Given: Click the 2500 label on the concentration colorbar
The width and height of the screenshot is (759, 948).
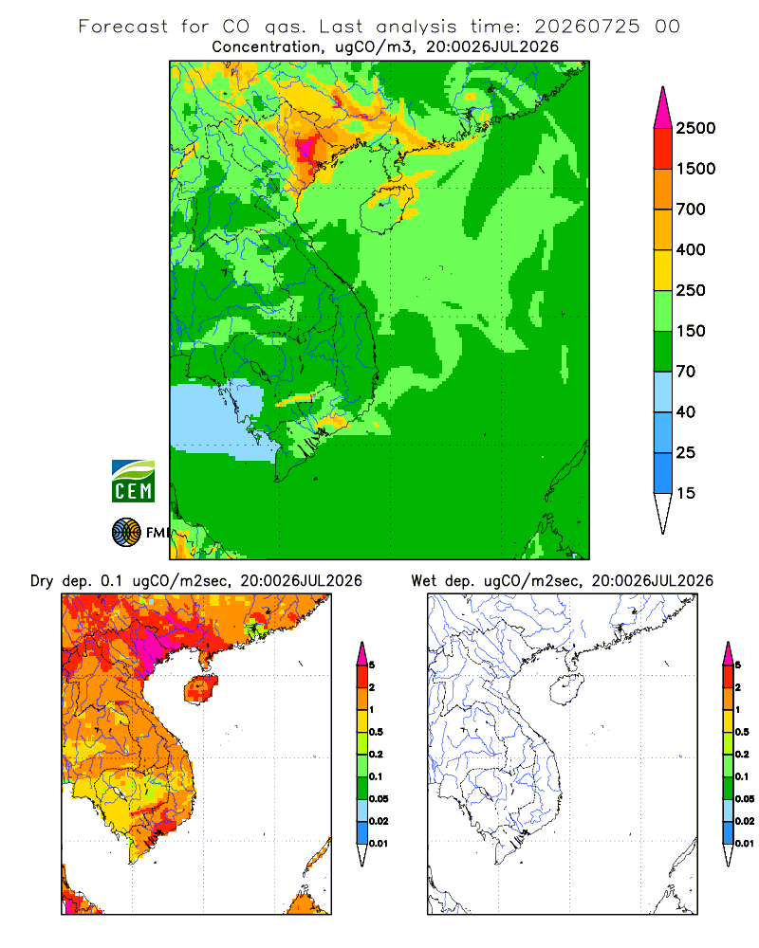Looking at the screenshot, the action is tap(695, 128).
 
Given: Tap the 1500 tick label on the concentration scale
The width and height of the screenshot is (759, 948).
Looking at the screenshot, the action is tap(695, 169).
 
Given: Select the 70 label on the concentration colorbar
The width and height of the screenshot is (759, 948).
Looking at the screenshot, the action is tap(685, 372).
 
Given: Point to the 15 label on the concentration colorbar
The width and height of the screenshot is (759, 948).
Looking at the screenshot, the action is tap(685, 493).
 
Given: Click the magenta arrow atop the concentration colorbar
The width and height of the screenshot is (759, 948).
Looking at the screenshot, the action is tap(663, 109).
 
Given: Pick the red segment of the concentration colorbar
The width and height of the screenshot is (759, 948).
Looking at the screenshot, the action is tap(663, 149).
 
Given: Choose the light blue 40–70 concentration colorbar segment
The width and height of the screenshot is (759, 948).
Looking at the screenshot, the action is tap(663, 392).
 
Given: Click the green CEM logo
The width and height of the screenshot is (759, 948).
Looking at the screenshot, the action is tap(133, 482).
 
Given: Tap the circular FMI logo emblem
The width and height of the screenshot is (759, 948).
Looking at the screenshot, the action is tap(126, 533).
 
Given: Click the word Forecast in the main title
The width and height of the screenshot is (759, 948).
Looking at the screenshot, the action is tap(123, 27).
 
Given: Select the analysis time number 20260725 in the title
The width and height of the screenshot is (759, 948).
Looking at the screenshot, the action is tap(586, 27).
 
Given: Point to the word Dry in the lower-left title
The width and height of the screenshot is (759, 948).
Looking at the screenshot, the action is tap(42, 581).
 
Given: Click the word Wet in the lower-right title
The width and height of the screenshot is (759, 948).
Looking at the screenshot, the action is tap(424, 581).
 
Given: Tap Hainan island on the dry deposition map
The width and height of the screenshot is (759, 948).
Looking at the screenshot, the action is tap(200, 689).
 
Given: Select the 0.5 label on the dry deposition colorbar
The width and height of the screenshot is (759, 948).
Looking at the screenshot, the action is tap(376, 732).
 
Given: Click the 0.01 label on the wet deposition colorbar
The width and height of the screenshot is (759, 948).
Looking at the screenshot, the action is tap(745, 844).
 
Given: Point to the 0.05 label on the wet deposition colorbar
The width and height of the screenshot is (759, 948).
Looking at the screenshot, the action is tap(745, 798).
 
